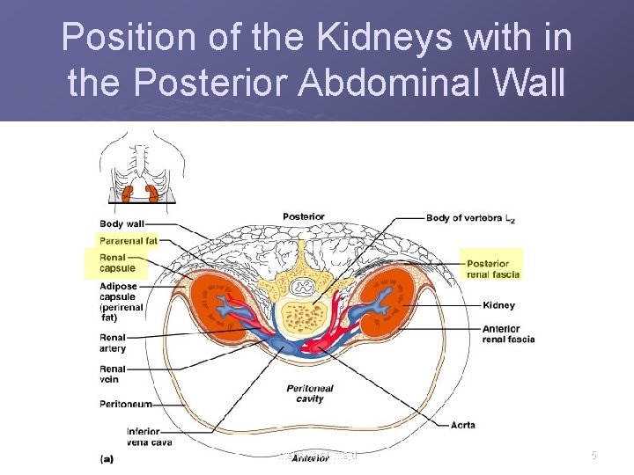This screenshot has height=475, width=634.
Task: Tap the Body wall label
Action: point(122,223)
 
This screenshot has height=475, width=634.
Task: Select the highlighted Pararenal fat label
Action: point(128,239)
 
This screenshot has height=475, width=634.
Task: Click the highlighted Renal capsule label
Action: point(118,261)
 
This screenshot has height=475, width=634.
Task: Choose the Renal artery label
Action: point(113,343)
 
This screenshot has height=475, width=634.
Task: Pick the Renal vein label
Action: point(112,374)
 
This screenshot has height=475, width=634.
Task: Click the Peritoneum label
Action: point(126,404)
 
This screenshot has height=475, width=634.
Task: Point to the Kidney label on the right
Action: point(499,305)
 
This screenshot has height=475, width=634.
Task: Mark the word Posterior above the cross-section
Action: point(303,216)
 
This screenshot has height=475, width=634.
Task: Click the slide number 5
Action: point(593,456)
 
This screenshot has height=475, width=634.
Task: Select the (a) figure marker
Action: point(107,457)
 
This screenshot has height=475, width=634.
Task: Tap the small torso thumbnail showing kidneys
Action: point(141,167)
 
